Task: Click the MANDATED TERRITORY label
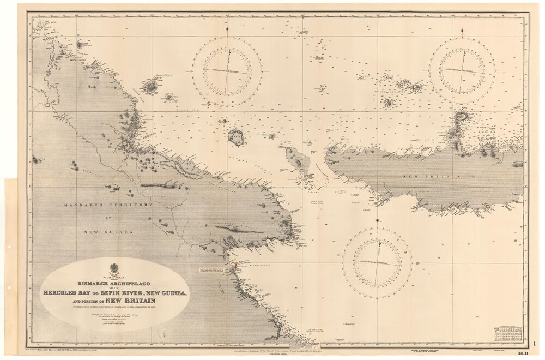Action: coord(108,205)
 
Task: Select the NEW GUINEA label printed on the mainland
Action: coord(108,232)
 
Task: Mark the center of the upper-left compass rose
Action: coord(227,71)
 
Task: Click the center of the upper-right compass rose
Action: coord(462,70)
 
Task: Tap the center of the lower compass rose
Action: coord(377,263)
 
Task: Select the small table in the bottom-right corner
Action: coord(507,334)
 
